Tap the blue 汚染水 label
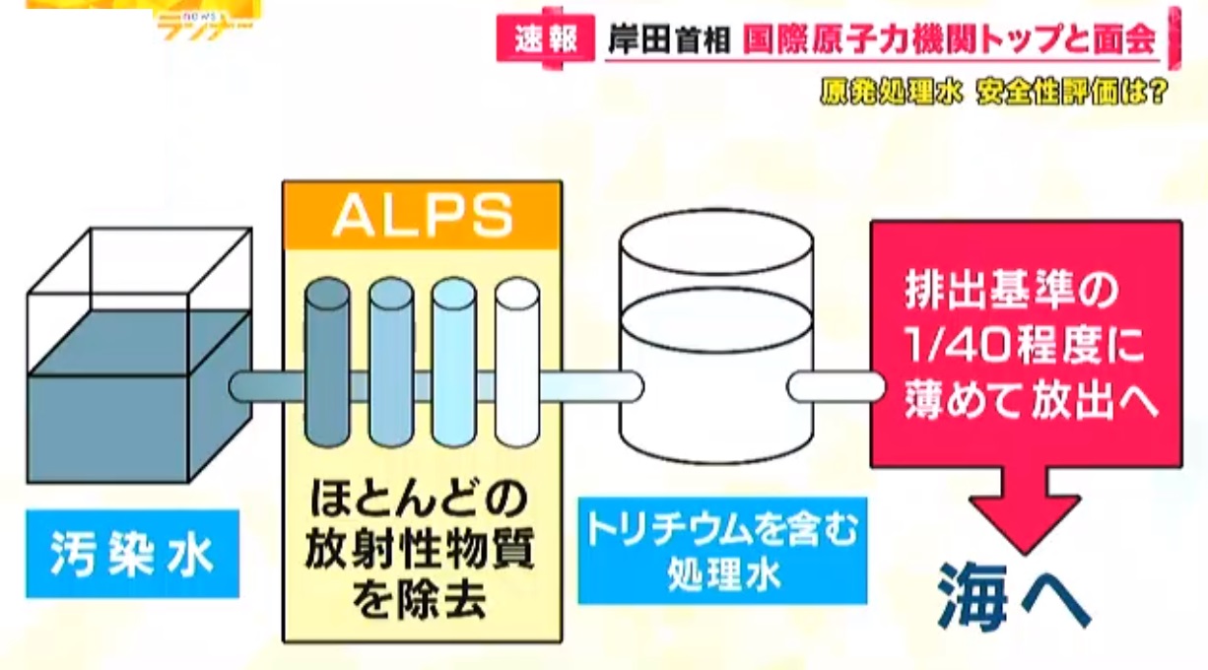[132, 555]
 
